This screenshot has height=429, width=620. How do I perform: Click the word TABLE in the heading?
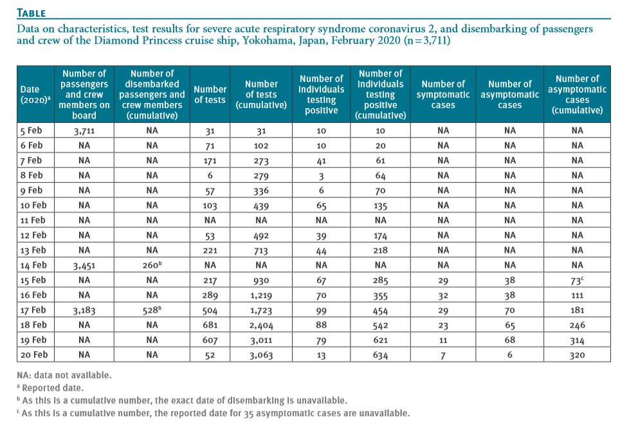(x=32, y=13)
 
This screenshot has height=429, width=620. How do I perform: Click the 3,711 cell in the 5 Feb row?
(x=84, y=131)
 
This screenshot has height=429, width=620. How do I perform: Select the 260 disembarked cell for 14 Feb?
(x=152, y=265)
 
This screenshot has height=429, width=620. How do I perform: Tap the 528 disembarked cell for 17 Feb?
(x=152, y=310)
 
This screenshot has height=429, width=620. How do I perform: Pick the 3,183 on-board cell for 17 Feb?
(x=84, y=311)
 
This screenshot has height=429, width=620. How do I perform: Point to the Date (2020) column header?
(x=35, y=95)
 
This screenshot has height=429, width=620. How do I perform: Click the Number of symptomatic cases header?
(x=443, y=95)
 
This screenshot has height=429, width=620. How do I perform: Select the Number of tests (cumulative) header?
(x=261, y=95)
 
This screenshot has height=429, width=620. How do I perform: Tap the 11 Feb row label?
(x=33, y=220)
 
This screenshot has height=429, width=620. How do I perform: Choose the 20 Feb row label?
(x=34, y=354)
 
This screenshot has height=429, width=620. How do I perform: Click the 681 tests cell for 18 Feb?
(x=210, y=325)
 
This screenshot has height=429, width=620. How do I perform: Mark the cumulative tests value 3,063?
(x=261, y=355)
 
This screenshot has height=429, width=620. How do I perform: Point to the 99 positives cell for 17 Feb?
(x=321, y=311)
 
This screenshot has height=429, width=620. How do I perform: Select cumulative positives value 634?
(x=380, y=355)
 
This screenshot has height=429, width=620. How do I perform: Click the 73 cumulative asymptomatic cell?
(x=577, y=280)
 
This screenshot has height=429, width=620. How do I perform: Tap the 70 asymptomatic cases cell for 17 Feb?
(x=509, y=311)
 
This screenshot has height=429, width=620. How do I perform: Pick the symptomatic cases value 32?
(x=443, y=295)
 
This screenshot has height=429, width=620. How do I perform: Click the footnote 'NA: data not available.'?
(x=64, y=375)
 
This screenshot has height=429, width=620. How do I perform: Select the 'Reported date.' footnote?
(x=53, y=388)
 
